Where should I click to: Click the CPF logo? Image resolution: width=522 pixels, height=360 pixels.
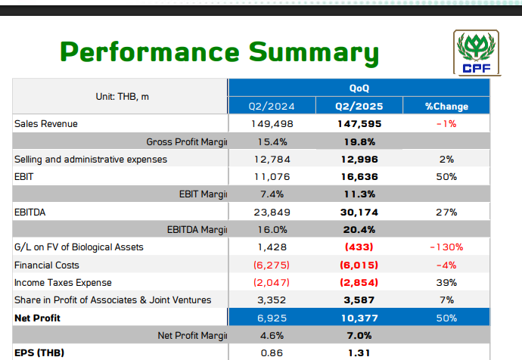pyautogui.click(x=475, y=54)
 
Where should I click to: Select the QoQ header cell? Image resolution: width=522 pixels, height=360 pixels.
pyautogui.click(x=359, y=88)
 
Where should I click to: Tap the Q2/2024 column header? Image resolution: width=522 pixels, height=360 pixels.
pyautogui.click(x=272, y=106)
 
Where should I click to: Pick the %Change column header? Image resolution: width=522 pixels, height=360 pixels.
pyautogui.click(x=446, y=106)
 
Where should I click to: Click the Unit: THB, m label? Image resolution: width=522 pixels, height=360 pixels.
pyautogui.click(x=122, y=97)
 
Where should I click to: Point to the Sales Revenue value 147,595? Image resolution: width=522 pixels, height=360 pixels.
pyautogui.click(x=359, y=123)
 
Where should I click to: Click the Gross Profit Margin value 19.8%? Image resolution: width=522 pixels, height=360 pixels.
pyautogui.click(x=359, y=141)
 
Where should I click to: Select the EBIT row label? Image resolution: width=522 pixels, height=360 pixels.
pyautogui.click(x=24, y=176)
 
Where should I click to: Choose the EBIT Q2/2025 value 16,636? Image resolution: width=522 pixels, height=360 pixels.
pyautogui.click(x=359, y=176)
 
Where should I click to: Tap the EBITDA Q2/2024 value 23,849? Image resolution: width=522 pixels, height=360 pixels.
pyautogui.click(x=272, y=213)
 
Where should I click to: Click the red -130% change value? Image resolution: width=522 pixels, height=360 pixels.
pyautogui.click(x=446, y=247)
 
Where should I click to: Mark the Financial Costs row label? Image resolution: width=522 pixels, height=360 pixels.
pyautogui.click(x=47, y=265)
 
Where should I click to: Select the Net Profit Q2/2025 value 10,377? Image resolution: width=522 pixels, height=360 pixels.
pyautogui.click(x=359, y=318)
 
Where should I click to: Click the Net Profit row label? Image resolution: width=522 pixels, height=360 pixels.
pyautogui.click(x=37, y=318)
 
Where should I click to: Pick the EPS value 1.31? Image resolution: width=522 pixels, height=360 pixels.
pyautogui.click(x=359, y=352)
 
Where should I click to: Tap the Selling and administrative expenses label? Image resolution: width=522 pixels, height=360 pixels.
pyautogui.click(x=91, y=159)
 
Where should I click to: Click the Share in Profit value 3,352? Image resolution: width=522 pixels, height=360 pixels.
pyautogui.click(x=272, y=300)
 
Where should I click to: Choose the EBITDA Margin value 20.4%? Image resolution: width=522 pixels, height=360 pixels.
pyautogui.click(x=359, y=230)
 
